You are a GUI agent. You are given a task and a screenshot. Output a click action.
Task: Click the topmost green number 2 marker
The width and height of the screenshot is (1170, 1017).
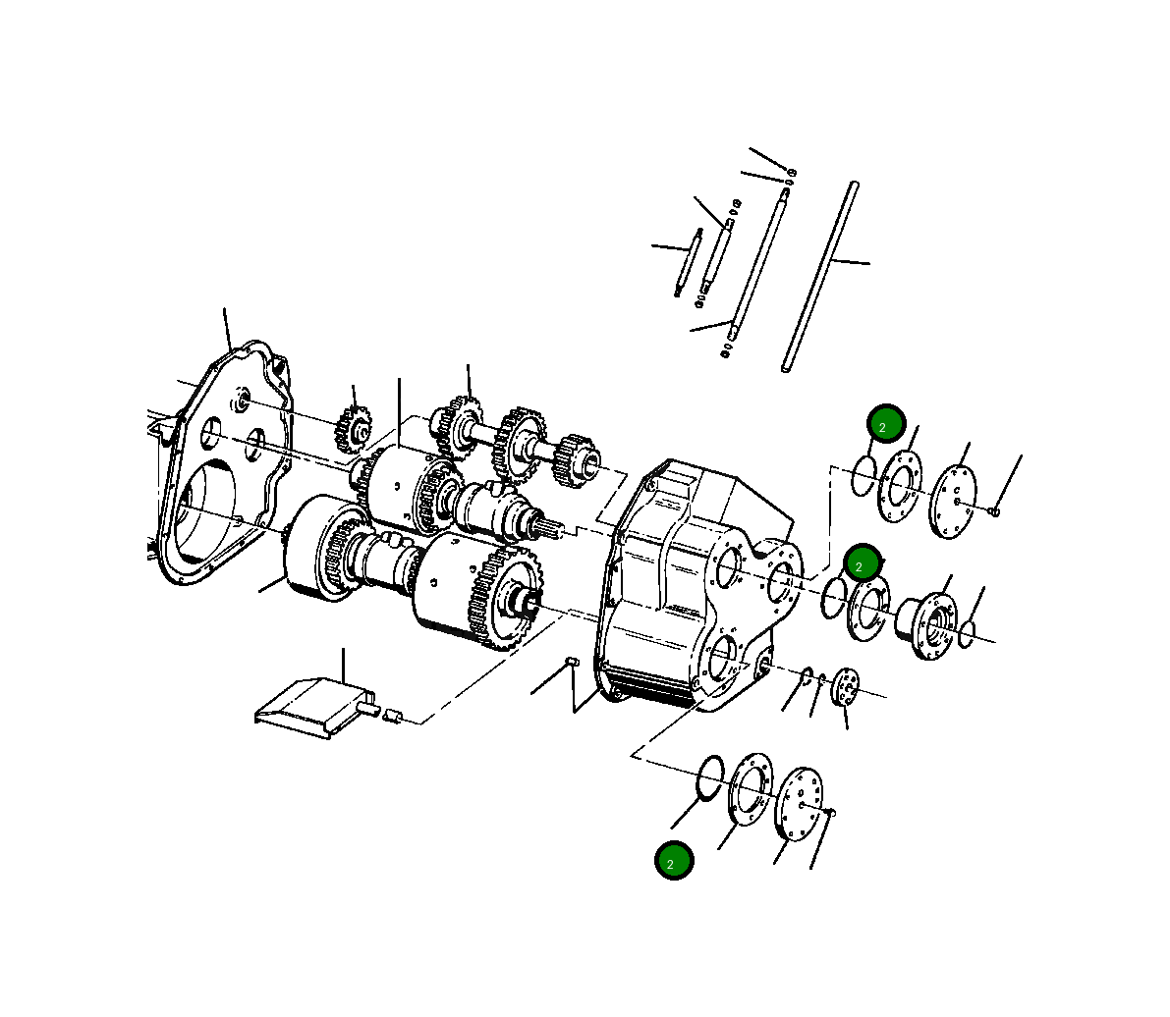click(885, 424)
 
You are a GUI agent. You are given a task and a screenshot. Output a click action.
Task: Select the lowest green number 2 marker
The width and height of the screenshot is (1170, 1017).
click(674, 861)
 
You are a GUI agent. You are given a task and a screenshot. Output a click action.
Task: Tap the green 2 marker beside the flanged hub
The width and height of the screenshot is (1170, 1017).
click(863, 563)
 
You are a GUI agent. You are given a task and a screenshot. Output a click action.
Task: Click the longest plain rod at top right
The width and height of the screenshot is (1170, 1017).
click(820, 276)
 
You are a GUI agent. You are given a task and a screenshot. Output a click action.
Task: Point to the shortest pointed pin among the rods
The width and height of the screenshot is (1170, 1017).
click(687, 261)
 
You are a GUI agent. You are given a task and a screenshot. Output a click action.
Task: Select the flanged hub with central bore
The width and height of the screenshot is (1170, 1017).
click(927, 624)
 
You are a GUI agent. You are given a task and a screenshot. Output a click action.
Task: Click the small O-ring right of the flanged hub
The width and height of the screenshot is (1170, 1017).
click(968, 634)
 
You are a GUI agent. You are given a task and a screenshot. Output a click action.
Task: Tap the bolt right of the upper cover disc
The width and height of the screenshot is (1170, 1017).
click(994, 510)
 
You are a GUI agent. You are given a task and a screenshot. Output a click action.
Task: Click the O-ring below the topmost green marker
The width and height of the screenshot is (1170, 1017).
click(864, 476)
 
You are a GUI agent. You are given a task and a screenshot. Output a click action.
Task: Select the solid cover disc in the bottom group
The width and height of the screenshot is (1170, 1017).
click(798, 804)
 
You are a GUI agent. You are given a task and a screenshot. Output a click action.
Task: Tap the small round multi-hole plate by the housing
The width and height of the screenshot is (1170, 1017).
click(845, 685)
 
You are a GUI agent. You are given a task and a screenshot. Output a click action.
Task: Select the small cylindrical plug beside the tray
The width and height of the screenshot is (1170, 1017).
click(393, 716)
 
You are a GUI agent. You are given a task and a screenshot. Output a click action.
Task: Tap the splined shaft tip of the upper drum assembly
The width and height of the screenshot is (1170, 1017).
click(549, 528)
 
